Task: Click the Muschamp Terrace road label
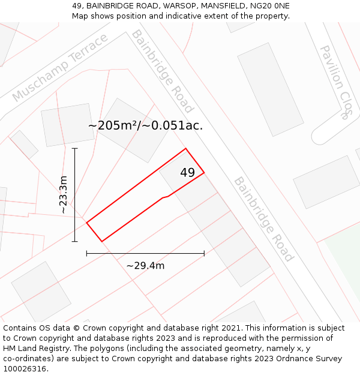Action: tap(59, 68)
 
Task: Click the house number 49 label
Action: tap(187, 173)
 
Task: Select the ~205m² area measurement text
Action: tap(113, 125)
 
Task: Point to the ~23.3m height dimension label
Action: tap(64, 195)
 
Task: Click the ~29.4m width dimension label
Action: tap(145, 265)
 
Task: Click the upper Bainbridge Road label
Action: tap(163, 71)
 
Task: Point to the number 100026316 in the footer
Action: tap(25, 368)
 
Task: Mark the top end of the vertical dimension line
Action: tap(74, 148)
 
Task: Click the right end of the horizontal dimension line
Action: tap(204, 254)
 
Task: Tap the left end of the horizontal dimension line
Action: tap(87, 254)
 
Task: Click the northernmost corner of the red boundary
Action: tap(185, 148)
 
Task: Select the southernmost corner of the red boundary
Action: tap(102, 241)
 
